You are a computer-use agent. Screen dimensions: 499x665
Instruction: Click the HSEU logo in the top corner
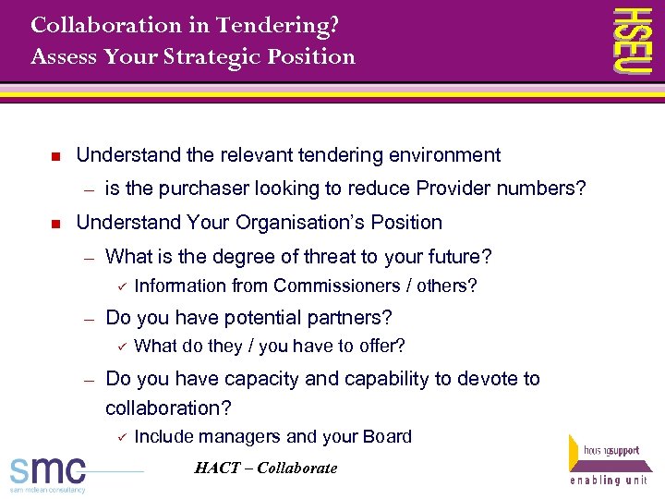point(634,40)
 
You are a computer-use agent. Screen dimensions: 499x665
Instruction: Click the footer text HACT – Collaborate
point(266,469)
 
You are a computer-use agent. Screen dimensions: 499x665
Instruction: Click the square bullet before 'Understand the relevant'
point(55,156)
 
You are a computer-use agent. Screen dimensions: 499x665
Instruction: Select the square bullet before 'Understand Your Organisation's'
point(55,224)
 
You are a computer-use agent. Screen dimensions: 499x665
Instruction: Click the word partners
point(352,318)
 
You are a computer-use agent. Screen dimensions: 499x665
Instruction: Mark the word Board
point(388,437)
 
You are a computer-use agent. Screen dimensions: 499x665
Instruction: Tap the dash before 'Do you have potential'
point(90,319)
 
